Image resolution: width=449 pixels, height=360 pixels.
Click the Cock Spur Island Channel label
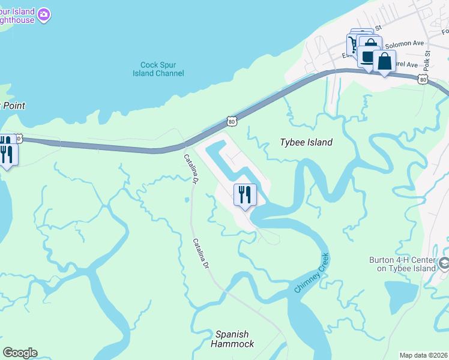tap(158, 69)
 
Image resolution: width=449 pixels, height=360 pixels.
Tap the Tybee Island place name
tap(306, 143)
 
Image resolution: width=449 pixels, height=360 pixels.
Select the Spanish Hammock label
tap(232, 339)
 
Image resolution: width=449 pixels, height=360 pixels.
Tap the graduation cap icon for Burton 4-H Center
tap(444, 262)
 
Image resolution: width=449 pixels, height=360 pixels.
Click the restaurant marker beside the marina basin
tap(245, 194)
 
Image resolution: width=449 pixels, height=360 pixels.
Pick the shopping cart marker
tap(353, 44)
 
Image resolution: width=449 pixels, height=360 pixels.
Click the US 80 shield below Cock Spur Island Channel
tap(232, 122)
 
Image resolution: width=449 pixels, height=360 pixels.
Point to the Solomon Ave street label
tap(405, 44)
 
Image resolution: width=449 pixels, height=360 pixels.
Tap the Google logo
tap(20, 353)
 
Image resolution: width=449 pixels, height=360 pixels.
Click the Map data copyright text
tap(424, 355)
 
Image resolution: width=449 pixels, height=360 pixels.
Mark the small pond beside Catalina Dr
tap(187, 200)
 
